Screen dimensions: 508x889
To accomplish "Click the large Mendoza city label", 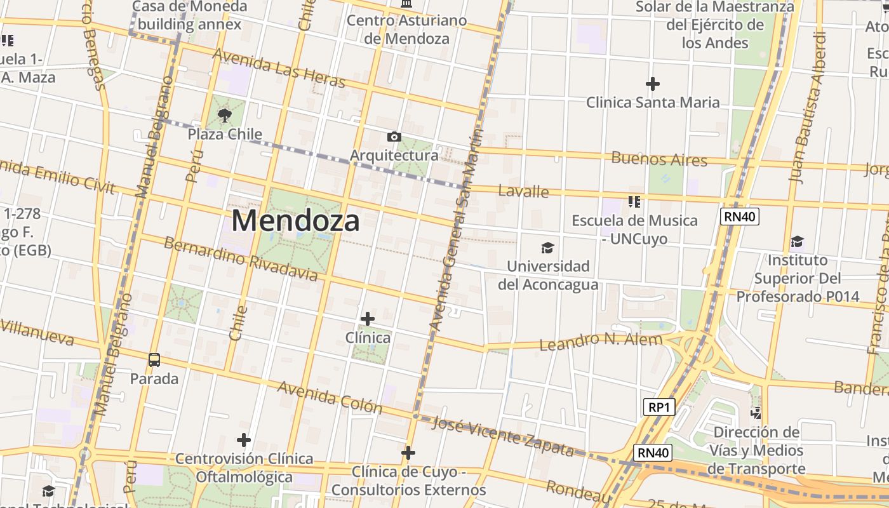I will [x=295, y=221].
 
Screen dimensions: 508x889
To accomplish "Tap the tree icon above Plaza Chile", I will [x=224, y=116].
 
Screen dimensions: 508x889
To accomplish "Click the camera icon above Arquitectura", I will [x=394, y=137].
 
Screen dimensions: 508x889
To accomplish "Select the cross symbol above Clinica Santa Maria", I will [x=652, y=83].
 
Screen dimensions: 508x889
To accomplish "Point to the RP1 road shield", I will [x=658, y=407].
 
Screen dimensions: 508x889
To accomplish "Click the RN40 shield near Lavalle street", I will [x=740, y=217].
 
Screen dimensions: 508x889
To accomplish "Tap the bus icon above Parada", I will [x=154, y=360].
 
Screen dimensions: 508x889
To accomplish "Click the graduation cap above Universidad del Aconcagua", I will [x=547, y=248].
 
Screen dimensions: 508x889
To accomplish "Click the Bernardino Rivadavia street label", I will [x=241, y=259].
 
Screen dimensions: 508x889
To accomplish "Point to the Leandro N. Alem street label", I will [x=601, y=342].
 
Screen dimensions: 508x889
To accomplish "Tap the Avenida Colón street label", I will [x=330, y=397].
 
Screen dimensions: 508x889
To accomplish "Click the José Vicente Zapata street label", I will [x=503, y=436].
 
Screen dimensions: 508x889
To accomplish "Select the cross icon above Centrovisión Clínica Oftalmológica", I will [x=244, y=439].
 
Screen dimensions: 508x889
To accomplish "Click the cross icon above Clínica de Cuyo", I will [x=408, y=453].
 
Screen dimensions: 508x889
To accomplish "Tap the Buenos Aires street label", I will [x=659, y=159].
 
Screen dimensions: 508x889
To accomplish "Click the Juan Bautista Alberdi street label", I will [x=808, y=108].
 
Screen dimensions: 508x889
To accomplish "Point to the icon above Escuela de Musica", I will [x=634, y=202].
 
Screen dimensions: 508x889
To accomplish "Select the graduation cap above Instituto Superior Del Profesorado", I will [x=797, y=241].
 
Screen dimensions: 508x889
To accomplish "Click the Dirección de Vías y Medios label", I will [x=756, y=450].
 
